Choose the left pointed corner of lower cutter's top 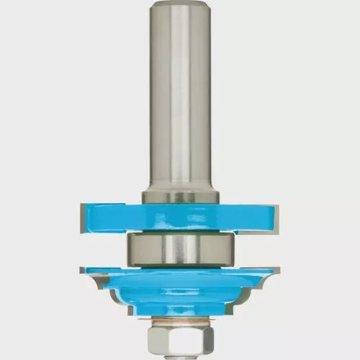pos(84,269)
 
